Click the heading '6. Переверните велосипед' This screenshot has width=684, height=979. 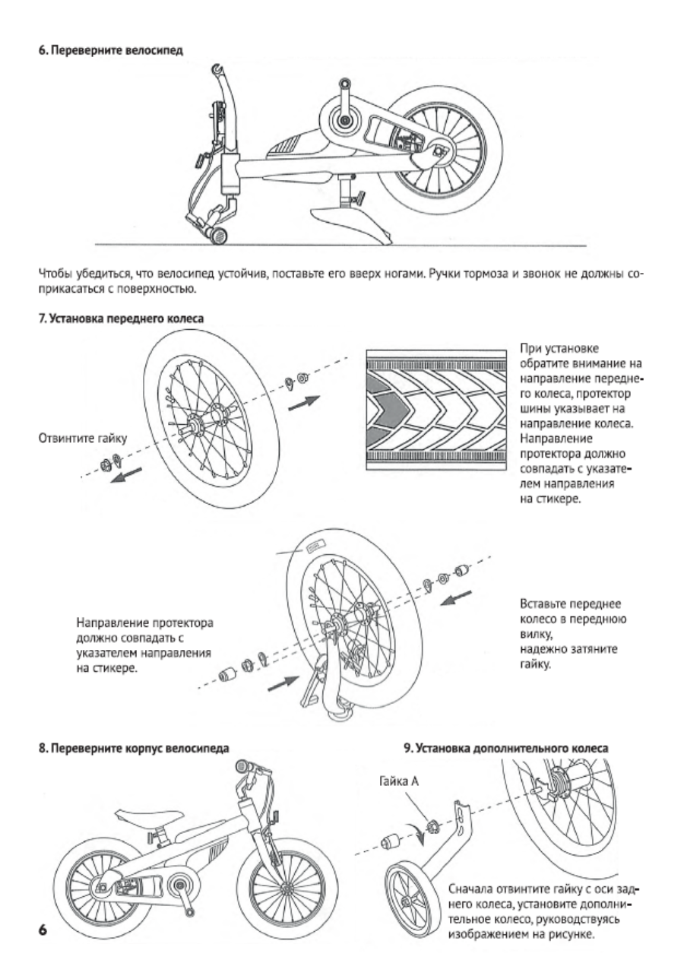[x=111, y=50]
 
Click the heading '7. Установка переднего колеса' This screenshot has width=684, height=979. [x=121, y=318]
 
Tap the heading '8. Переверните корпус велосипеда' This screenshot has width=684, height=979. [x=134, y=748]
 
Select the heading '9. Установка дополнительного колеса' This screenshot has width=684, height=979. [x=505, y=748]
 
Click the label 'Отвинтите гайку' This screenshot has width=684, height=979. [x=83, y=438]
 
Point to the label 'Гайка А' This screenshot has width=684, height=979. [x=398, y=781]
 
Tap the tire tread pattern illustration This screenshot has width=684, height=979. [x=436, y=410]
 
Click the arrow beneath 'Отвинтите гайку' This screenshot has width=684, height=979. [x=125, y=474]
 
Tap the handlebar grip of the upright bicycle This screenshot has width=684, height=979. [x=242, y=768]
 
